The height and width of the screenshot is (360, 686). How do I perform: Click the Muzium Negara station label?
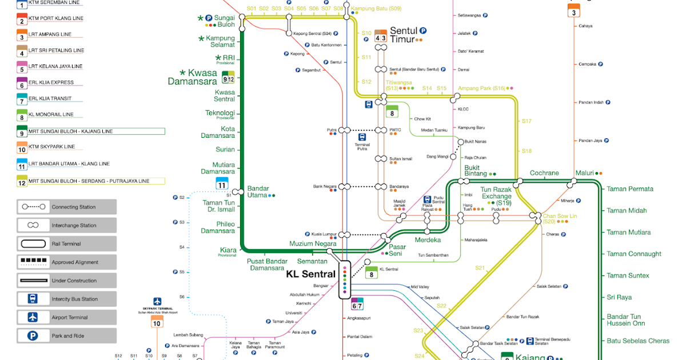pos(313,244)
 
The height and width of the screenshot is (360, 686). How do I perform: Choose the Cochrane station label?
pos(544,173)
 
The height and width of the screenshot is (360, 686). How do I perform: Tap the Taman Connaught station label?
pos(633,254)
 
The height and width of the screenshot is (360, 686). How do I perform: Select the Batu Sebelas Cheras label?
pos(637,341)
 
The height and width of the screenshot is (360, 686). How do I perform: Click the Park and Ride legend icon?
pos(33,335)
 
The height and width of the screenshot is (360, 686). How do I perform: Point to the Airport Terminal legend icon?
pos(33,317)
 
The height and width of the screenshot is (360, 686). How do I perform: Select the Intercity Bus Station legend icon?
pos(33,299)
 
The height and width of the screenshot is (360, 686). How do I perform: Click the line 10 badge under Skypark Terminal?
pos(157,323)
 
